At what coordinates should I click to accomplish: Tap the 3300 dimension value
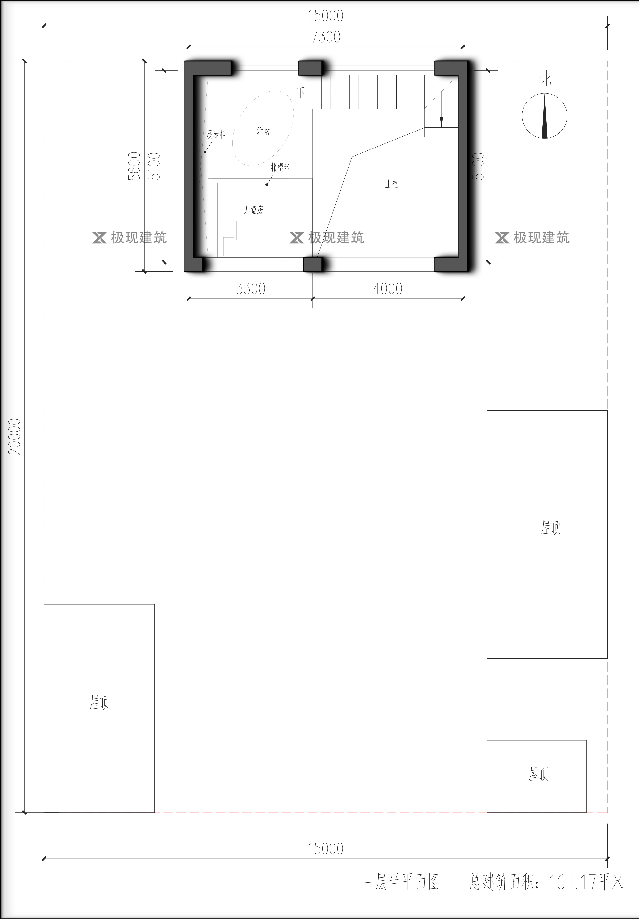tap(250, 289)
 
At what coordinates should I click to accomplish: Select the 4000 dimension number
tap(388, 289)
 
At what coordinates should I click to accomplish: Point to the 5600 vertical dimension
tap(135, 166)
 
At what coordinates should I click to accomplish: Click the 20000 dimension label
tap(15, 436)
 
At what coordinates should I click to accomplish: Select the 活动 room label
tap(263, 131)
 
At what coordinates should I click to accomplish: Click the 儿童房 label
tap(254, 210)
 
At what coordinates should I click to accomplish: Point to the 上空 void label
tap(391, 184)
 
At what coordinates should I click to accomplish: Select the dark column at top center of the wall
tap(310, 68)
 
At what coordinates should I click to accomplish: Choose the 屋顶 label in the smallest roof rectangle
tap(538, 774)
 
